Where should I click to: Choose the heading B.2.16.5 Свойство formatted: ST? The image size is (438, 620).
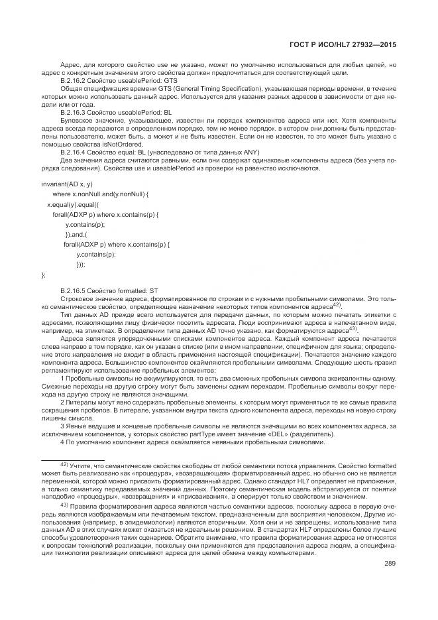click(x=109, y=291)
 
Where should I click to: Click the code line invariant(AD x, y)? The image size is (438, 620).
click(x=67, y=183)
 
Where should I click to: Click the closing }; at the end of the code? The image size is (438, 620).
click(x=44, y=274)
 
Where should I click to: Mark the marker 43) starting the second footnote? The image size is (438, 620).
click(x=64, y=505)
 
